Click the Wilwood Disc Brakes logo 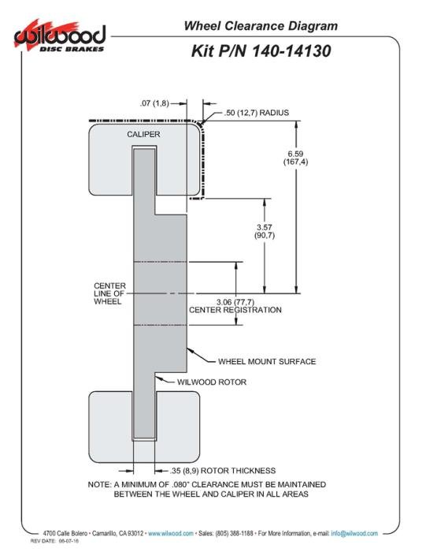pyautogui.click(x=60, y=37)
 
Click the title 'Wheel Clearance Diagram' pyautogui.click(x=261, y=26)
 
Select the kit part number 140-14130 pyautogui.click(x=291, y=50)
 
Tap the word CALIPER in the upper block pyautogui.click(x=143, y=134)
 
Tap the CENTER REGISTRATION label pyautogui.click(x=235, y=310)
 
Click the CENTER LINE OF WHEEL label pyautogui.click(x=109, y=293)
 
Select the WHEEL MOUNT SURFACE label pyautogui.click(x=267, y=361)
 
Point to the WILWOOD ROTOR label pyautogui.click(x=212, y=382)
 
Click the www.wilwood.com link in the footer pyautogui.click(x=171, y=534)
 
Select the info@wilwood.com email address pyautogui.click(x=354, y=534)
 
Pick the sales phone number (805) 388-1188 pyautogui.click(x=234, y=534)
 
